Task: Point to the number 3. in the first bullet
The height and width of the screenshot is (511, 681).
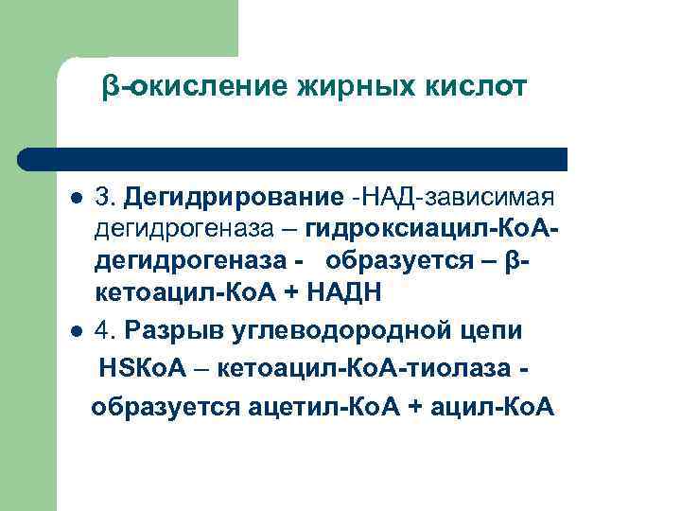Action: [x=106, y=198]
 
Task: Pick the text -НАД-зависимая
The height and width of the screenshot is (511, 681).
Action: [x=449, y=198]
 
